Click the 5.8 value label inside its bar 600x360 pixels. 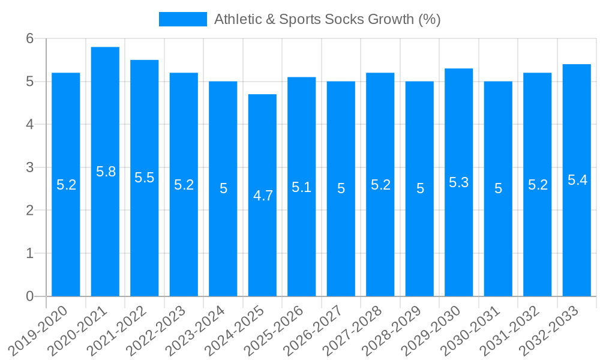click(106, 172)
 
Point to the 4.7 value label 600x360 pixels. click(263, 196)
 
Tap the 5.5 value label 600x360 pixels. click(145, 178)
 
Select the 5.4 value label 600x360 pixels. click(577, 180)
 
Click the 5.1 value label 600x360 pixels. click(302, 187)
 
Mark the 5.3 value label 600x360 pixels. click(459, 182)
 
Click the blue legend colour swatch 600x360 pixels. click(182, 19)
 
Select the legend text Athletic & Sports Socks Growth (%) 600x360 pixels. click(328, 19)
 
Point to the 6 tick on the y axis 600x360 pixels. click(30, 38)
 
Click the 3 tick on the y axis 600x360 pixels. click(30, 167)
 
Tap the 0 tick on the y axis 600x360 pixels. click(30, 296)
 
